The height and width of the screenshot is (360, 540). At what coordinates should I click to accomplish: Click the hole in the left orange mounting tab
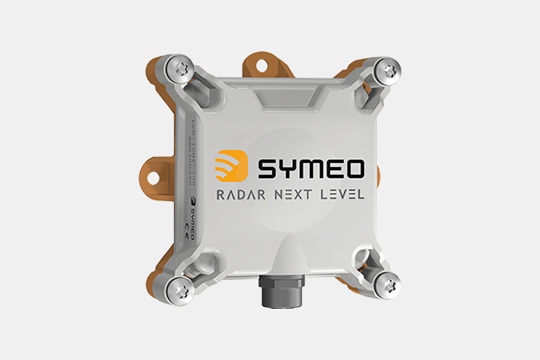152,178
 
